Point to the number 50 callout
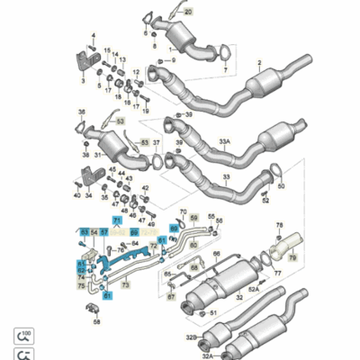pyautogui.click(x=281, y=187)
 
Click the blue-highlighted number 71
pyautogui.click(x=116, y=220)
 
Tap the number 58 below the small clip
pyautogui.click(x=97, y=320)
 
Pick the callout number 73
pyautogui.click(x=126, y=284)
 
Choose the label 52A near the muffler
pyautogui.click(x=254, y=289)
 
